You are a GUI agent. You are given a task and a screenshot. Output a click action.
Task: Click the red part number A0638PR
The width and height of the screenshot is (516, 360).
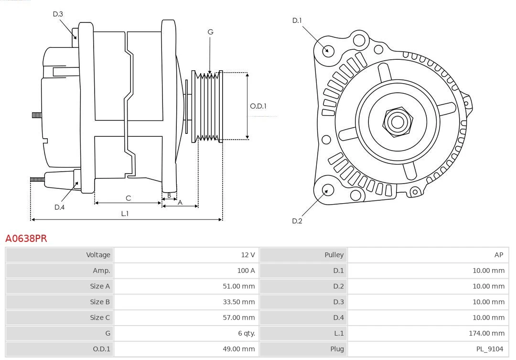(x=26, y=238)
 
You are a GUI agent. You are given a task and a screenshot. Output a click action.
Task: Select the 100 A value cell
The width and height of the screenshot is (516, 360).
(x=246, y=271)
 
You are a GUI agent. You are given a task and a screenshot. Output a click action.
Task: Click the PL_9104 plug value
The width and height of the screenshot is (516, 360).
(x=489, y=349)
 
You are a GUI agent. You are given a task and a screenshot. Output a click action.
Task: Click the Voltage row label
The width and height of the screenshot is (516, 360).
(x=98, y=255)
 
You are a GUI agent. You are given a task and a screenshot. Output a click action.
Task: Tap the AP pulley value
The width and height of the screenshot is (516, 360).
(x=498, y=255)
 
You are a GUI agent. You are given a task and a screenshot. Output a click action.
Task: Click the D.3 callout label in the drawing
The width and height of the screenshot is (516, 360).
(x=58, y=14)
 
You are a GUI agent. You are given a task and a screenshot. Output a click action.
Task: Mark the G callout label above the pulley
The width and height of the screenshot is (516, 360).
(x=210, y=32)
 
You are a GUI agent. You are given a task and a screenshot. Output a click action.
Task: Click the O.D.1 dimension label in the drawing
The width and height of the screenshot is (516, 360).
(x=258, y=106)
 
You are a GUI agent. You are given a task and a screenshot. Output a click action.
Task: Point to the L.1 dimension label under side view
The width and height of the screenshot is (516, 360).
(x=125, y=213)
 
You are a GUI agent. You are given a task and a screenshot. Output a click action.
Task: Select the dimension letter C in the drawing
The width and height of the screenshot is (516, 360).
(x=128, y=198)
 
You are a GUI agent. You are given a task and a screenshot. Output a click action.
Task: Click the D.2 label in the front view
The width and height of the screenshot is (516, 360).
(x=297, y=220)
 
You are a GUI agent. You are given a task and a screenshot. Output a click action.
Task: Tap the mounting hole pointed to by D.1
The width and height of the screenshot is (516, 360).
(x=328, y=50)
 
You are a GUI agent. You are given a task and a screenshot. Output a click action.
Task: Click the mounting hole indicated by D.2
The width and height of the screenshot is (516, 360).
(x=327, y=190)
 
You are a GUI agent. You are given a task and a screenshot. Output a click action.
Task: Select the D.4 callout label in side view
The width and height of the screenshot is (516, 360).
(x=59, y=207)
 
